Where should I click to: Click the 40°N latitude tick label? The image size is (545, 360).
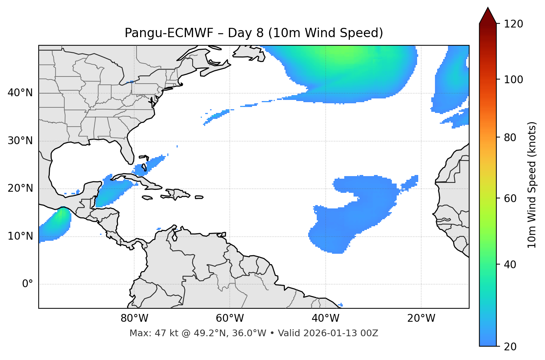click(20, 93)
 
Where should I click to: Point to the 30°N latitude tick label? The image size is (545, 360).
click(20, 141)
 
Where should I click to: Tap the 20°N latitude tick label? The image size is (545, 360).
click(20, 188)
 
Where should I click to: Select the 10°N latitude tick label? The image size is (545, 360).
click(20, 236)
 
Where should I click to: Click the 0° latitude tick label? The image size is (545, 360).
click(28, 284)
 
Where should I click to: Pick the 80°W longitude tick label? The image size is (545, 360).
click(134, 318)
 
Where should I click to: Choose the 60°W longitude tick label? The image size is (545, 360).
click(230, 318)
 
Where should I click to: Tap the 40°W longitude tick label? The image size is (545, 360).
click(326, 318)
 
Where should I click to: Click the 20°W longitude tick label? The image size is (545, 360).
click(421, 318)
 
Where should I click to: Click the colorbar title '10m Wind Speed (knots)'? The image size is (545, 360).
click(532, 185)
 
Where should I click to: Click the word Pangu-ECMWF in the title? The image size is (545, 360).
click(169, 33)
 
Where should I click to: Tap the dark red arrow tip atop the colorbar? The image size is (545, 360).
click(488, 15)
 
